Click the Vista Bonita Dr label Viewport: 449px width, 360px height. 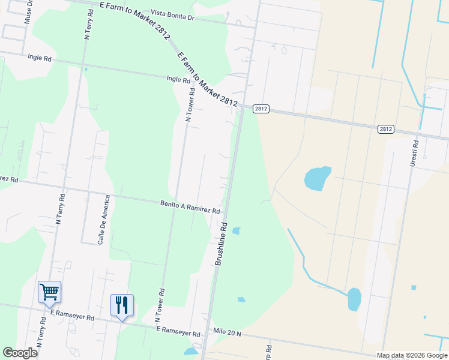click(173, 14)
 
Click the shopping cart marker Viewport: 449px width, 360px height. click(49, 292)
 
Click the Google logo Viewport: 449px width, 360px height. click(20, 353)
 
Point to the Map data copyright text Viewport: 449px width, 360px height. click(411, 355)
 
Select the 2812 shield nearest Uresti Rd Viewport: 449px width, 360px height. click(386, 129)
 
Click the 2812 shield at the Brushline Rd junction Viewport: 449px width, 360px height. click(261, 109)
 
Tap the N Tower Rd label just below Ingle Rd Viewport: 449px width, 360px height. click(190, 105)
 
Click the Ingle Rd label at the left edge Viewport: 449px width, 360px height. click(40, 58)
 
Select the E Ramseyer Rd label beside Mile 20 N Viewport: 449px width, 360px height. click(178, 332)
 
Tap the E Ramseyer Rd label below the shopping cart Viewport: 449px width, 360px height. click(73, 314)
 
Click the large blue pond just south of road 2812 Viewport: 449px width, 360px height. click(318, 178)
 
